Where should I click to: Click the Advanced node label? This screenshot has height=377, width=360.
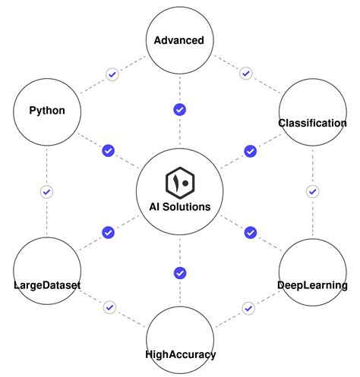pos(179,40)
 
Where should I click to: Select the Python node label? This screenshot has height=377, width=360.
pos(46,111)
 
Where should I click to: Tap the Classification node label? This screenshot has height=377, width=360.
pos(312,123)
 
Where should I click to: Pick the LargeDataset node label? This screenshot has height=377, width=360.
pos(46,285)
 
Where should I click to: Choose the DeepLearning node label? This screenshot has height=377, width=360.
pos(312,285)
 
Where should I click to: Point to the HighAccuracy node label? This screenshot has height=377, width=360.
pos(180,354)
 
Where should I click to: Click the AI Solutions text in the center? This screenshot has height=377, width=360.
pos(180,206)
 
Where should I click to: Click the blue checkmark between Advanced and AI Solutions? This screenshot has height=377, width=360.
pos(180,110)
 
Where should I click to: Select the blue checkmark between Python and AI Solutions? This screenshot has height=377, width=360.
pos(108,151)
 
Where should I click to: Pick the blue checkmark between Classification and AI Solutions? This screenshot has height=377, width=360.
pos(250,151)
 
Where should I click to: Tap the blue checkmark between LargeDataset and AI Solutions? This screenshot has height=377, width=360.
pos(108,232)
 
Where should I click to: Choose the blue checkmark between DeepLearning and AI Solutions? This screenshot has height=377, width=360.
pos(250,232)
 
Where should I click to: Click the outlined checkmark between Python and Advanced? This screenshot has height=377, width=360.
pos(112,74)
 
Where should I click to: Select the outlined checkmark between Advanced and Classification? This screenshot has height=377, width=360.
pos(245,74)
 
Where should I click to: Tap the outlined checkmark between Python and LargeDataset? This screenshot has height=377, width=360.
pos(46,192)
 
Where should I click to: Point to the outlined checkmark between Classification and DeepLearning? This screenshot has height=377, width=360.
pos(312,192)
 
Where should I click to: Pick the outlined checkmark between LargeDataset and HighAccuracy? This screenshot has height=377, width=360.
pos(110,308)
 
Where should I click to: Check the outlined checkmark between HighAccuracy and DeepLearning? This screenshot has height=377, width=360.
pos(248,308)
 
